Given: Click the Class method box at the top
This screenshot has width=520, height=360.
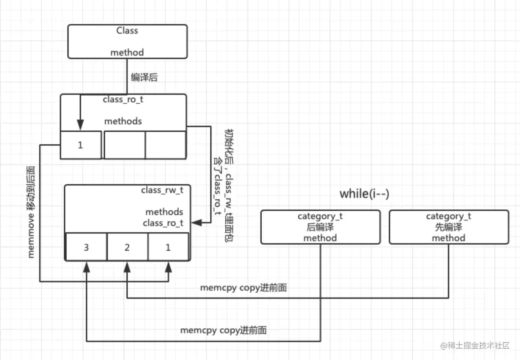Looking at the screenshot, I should click(x=127, y=42).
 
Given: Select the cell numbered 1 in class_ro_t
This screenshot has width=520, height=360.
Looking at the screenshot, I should click(x=80, y=145).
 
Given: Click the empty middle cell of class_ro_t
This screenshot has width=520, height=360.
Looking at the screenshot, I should click(x=124, y=145).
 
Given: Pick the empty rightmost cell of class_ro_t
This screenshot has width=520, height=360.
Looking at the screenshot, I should click(x=166, y=145).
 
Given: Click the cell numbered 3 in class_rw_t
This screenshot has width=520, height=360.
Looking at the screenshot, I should click(x=86, y=247).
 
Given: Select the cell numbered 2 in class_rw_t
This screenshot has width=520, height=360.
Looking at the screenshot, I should click(x=127, y=247).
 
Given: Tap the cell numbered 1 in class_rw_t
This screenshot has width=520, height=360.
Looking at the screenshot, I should click(x=168, y=247).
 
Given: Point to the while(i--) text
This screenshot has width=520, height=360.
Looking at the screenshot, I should click(x=364, y=194).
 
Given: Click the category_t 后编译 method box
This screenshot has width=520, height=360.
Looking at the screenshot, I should click(x=320, y=227).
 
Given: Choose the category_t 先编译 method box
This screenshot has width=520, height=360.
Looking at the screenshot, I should click(x=448, y=227).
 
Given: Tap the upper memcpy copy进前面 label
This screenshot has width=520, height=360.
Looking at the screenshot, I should click(x=243, y=288).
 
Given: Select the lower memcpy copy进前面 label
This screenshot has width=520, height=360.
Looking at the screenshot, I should click(x=223, y=331).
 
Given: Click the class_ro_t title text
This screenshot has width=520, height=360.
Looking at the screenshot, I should click(x=123, y=99).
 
